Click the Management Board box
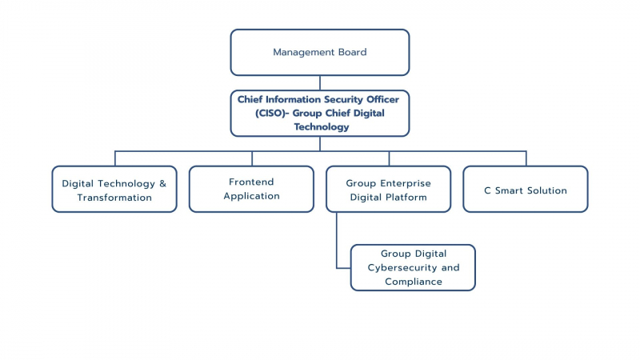(319, 52)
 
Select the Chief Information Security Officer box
(319, 114)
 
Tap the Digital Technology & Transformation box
(114, 189)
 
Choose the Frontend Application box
(251, 189)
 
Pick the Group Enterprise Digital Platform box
(389, 189)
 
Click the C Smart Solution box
(526, 189)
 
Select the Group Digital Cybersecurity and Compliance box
(413, 268)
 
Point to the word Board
(352, 52)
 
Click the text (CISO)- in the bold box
(272, 113)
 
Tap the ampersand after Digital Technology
(163, 184)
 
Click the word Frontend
(251, 182)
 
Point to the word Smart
(509, 190)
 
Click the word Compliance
(414, 282)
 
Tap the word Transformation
(114, 198)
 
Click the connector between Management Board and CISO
(319, 83)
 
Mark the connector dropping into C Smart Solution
(526, 158)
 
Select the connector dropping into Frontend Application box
(252, 158)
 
